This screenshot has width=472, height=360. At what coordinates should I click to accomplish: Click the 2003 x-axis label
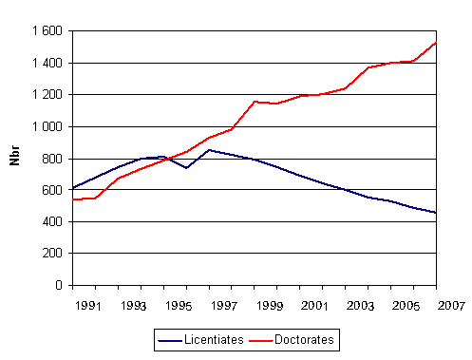pos(359,306)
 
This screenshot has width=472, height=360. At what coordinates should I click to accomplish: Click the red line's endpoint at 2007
pos(436,43)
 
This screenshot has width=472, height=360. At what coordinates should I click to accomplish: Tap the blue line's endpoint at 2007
pos(436,213)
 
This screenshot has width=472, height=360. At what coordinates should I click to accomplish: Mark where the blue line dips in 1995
pos(186,168)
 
